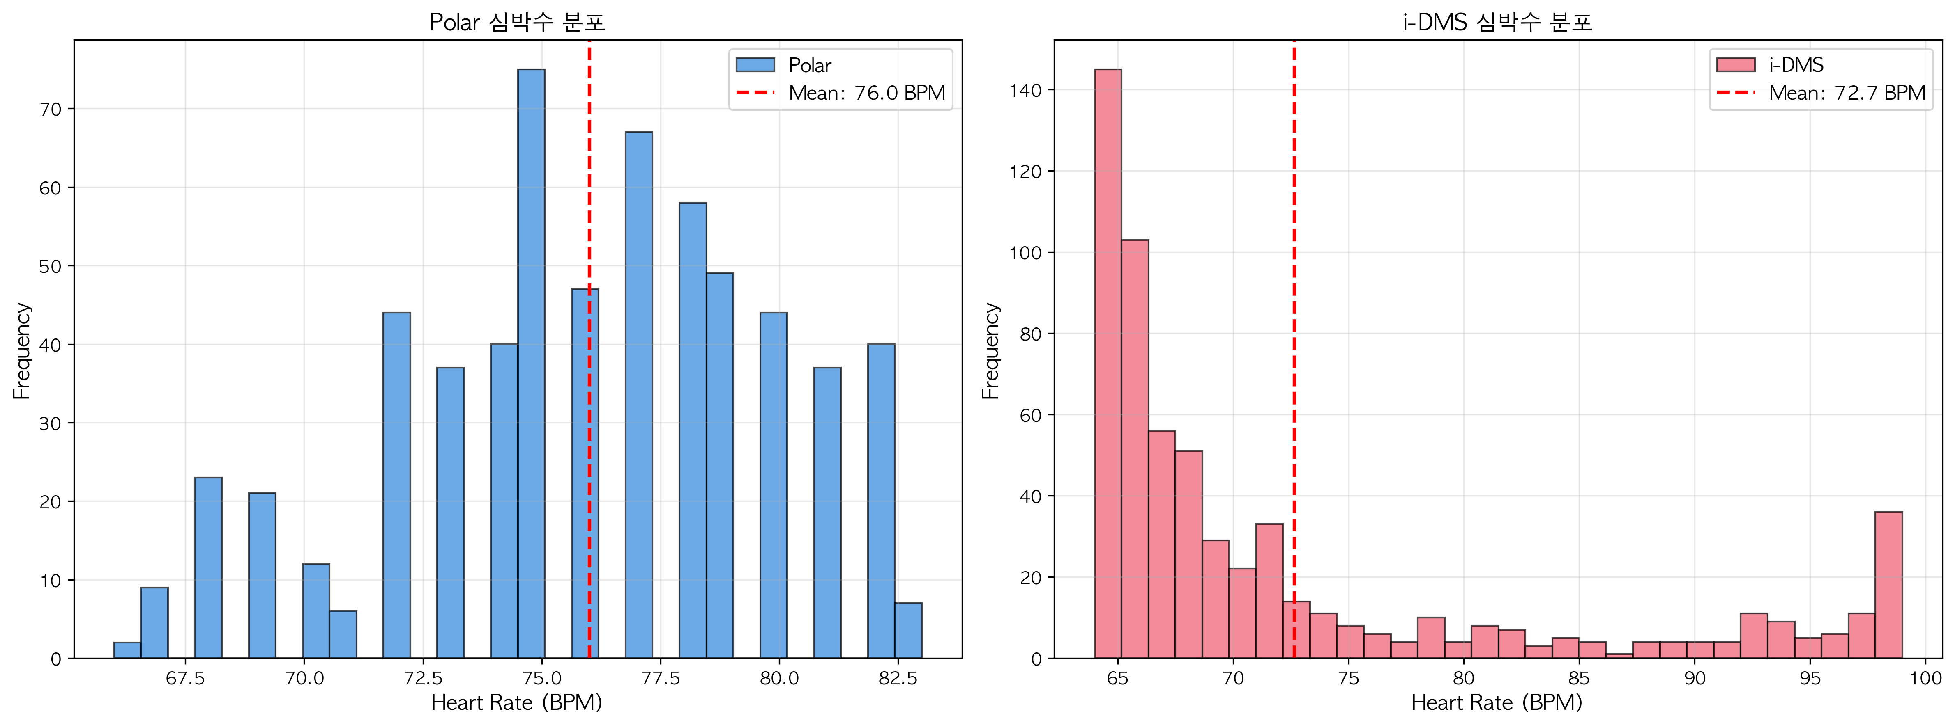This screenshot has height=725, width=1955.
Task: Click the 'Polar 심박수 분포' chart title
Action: tap(517, 22)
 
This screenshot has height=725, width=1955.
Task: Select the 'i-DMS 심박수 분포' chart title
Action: tap(1497, 22)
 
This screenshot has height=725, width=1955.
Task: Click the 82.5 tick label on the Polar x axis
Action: tap(898, 678)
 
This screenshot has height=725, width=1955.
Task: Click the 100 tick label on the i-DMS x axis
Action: tap(1925, 678)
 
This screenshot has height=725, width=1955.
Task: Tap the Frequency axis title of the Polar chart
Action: tap(22, 350)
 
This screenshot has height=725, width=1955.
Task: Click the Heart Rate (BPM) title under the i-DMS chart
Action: tap(1497, 703)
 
